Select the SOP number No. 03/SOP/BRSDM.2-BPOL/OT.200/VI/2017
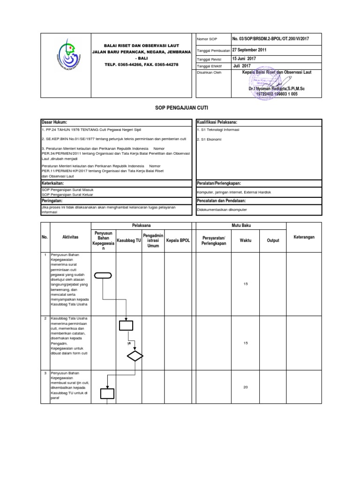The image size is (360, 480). (270, 38)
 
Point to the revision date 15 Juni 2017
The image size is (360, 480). (244, 59)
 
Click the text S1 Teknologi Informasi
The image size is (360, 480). (218, 130)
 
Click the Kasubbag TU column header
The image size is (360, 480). (128, 240)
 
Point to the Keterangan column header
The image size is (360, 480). (304, 237)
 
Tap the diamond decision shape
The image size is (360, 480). (135, 355)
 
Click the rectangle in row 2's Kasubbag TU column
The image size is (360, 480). (126, 325)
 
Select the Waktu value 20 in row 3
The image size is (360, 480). (246, 387)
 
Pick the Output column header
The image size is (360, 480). (273, 240)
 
